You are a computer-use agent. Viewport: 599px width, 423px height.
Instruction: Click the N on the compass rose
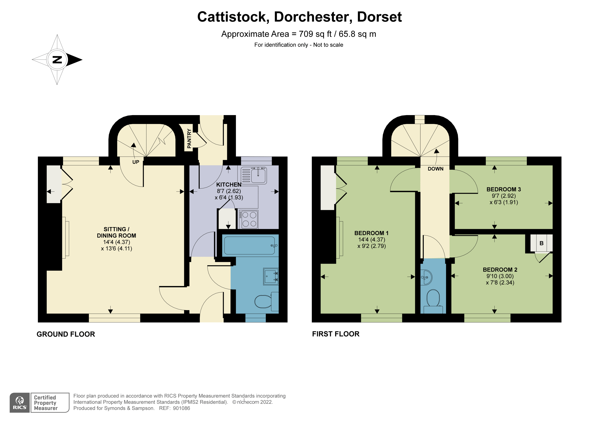(57, 60)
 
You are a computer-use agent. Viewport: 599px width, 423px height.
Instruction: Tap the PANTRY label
(189, 139)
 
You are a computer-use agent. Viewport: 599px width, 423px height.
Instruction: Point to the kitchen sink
(258, 175)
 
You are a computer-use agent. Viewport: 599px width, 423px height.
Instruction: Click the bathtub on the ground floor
(249, 245)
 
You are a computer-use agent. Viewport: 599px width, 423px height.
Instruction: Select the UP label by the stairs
(136, 162)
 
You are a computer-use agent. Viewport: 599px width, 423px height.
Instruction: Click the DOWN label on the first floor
(435, 169)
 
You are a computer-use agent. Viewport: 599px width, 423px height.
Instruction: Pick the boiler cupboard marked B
(541, 243)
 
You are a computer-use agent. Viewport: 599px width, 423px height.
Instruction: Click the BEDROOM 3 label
(504, 189)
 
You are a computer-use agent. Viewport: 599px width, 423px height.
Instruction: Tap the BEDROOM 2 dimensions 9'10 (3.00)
(500, 276)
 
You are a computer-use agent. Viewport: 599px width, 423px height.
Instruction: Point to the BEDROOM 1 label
(371, 233)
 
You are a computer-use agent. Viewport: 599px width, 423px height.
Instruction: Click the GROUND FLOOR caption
(66, 334)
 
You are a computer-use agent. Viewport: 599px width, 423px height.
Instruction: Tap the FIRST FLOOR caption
(336, 334)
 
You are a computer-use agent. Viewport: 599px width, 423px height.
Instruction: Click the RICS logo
(20, 403)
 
